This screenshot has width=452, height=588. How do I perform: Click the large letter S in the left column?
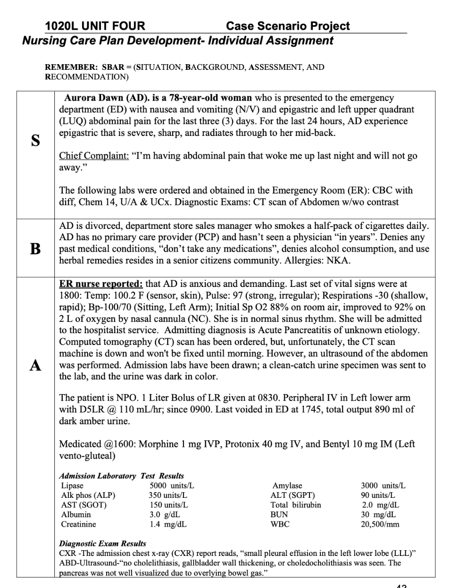click(x=35, y=141)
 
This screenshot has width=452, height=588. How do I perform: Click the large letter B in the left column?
click(x=35, y=249)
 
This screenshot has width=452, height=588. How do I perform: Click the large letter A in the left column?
click(x=35, y=365)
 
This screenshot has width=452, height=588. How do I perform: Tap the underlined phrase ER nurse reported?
click(x=100, y=284)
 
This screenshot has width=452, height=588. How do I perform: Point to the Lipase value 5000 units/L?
click(x=172, y=486)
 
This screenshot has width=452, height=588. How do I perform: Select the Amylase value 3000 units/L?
click(x=383, y=486)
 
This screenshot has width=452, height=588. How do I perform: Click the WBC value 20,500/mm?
click(x=380, y=524)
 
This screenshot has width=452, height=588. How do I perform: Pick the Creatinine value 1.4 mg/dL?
click(x=167, y=524)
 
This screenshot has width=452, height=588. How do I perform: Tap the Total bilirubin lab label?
click(x=295, y=505)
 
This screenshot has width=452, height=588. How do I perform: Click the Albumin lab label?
click(x=76, y=514)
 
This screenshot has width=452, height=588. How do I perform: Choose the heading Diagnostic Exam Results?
click(x=102, y=543)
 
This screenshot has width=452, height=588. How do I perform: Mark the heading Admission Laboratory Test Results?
click(x=121, y=476)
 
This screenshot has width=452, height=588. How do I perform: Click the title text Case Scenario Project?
click(x=288, y=26)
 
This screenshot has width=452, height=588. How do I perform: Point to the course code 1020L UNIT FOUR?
click(x=95, y=26)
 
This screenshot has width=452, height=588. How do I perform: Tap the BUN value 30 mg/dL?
click(x=378, y=514)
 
